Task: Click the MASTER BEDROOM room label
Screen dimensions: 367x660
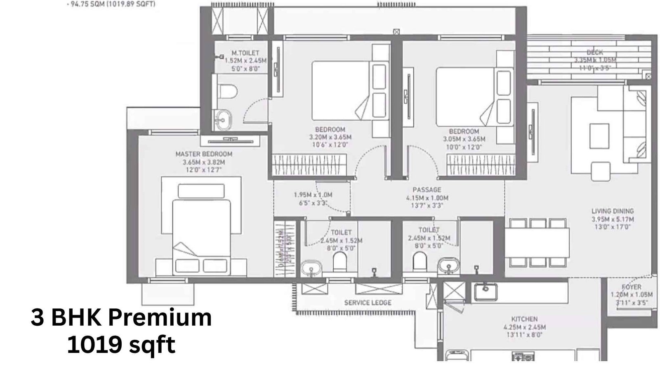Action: pyautogui.click(x=204, y=154)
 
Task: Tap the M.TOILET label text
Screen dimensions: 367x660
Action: pyautogui.click(x=245, y=53)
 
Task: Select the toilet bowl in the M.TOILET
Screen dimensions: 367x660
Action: pyautogui.click(x=228, y=91)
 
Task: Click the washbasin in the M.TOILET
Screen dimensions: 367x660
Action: pyautogui.click(x=222, y=120)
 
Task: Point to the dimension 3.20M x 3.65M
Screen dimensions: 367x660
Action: pyautogui.click(x=330, y=137)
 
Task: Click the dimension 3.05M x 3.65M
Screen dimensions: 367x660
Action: pyautogui.click(x=464, y=139)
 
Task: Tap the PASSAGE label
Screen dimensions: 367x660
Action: pyautogui.click(x=427, y=190)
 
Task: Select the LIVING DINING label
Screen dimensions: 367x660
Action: pyautogui.click(x=613, y=211)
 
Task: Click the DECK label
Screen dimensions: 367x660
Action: pyautogui.click(x=595, y=52)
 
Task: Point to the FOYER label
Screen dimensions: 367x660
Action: pyautogui.click(x=632, y=287)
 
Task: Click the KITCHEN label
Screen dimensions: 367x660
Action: pyautogui.click(x=524, y=319)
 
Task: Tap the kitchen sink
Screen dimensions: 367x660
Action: pyautogui.click(x=485, y=291)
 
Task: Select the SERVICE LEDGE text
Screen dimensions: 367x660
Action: pyautogui.click(x=368, y=303)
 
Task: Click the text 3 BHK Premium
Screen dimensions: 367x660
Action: pyautogui.click(x=121, y=318)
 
